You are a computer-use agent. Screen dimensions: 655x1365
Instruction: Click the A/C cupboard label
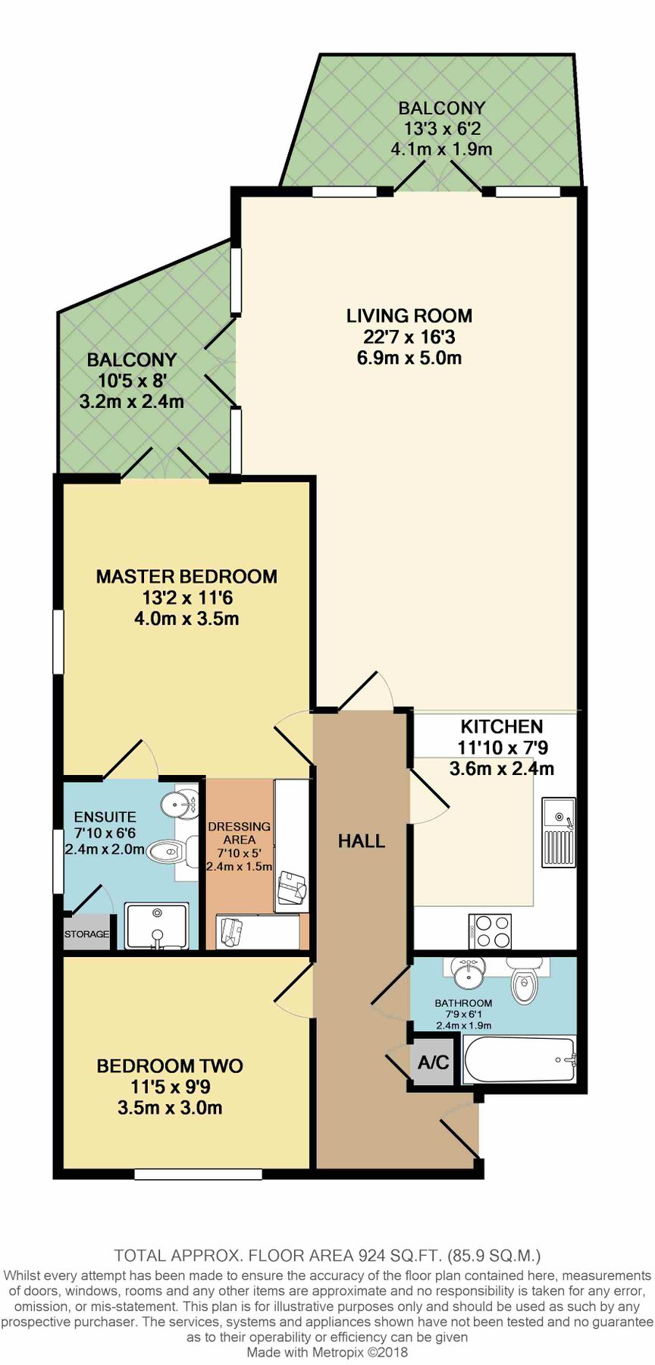[434, 1062]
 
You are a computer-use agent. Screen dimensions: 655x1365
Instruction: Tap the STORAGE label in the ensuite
[86, 934]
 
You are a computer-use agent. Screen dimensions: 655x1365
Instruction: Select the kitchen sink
[559, 833]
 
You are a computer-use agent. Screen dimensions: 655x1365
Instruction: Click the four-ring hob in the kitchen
[490, 931]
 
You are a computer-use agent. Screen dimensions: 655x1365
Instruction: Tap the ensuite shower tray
[156, 925]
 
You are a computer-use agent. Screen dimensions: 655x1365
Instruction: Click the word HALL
[362, 841]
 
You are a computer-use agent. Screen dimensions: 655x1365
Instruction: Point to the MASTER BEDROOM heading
[186, 576]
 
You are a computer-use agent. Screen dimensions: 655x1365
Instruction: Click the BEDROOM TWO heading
[170, 1065]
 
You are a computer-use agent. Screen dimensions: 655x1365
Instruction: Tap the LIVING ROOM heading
[409, 315]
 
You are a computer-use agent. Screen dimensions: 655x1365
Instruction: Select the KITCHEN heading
[502, 726]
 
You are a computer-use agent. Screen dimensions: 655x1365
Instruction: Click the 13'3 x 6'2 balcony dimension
[442, 129]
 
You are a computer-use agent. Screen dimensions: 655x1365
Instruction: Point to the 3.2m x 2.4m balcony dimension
[132, 401]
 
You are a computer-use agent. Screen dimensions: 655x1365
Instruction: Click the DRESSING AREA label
[240, 833]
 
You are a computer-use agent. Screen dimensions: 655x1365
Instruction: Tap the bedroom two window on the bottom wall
[199, 1175]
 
